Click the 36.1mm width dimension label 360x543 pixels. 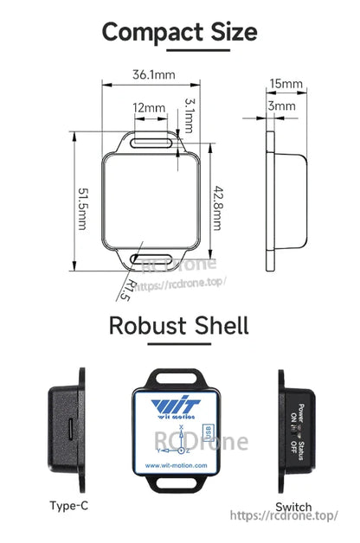click(154, 74)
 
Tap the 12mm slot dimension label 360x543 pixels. click(149, 108)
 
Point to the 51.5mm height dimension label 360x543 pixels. click(80, 206)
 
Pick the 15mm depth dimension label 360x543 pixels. click(286, 85)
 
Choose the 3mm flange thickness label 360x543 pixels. click(282, 105)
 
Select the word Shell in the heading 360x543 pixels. click(219, 326)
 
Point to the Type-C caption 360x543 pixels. click(69, 506)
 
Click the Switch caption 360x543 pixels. click(292, 506)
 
